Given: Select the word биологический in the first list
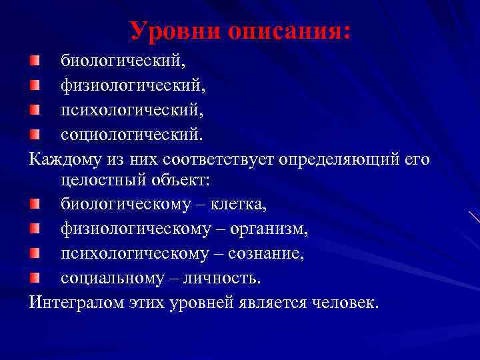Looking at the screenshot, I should (x=124, y=61).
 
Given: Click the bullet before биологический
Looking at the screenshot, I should (x=35, y=61).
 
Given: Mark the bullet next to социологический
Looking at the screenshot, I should (x=35, y=134).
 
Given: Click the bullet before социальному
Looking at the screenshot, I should (x=35, y=278).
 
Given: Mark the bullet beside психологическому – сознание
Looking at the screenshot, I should (x=35, y=254).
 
